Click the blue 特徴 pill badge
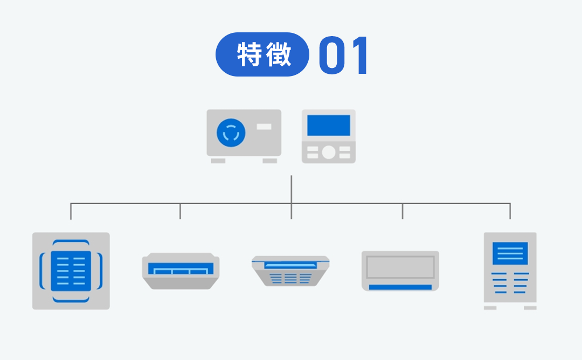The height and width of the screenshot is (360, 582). click(x=262, y=54)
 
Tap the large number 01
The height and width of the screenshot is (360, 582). click(x=343, y=56)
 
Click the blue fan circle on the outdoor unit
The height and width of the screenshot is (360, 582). click(x=231, y=133)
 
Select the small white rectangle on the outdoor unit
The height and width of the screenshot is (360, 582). click(x=264, y=127)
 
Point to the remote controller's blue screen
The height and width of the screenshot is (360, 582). click(x=329, y=126)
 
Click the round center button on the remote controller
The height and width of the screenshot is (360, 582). click(x=329, y=153)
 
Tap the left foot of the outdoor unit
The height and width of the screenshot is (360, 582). click(x=218, y=161)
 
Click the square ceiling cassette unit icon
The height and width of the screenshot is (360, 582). click(x=71, y=271)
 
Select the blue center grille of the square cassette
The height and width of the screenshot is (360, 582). click(x=71, y=271)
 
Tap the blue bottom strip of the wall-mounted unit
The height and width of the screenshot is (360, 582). click(x=400, y=287)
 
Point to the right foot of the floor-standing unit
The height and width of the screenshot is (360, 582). click(x=530, y=308)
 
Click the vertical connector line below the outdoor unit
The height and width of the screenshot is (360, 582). click(x=291, y=189)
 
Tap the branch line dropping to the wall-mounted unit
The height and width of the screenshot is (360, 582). click(x=402, y=211)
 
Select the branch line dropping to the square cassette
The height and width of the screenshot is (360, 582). click(x=71, y=211)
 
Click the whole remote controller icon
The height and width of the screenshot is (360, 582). click(x=329, y=136)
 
